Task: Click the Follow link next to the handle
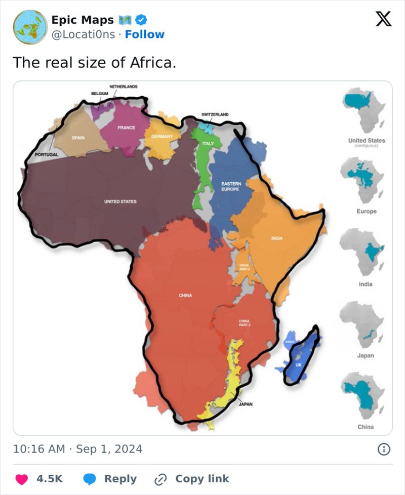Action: (145, 34)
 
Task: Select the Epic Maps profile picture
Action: (28, 27)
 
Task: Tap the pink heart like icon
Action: (21, 479)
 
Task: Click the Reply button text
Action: (120, 479)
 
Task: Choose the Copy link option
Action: (201, 479)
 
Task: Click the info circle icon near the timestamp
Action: (384, 449)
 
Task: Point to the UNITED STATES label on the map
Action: (120, 201)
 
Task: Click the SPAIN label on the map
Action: (78, 137)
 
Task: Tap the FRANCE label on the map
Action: (126, 128)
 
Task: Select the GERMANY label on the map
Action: (162, 137)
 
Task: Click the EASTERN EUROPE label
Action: (231, 186)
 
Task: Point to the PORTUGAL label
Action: (47, 154)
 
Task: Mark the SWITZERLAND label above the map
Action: (215, 115)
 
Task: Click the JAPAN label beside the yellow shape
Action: (246, 404)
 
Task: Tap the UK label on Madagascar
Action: (299, 365)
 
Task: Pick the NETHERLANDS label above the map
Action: (123, 87)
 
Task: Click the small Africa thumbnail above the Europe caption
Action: (362, 175)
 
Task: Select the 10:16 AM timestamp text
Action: (38, 449)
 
